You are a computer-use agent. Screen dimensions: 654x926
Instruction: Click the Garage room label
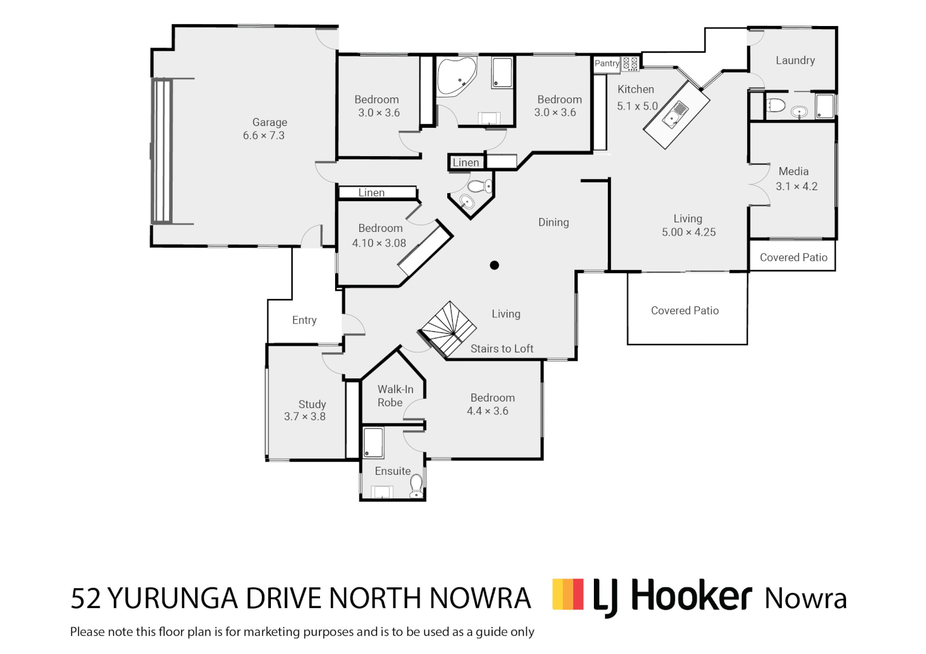tap(270, 122)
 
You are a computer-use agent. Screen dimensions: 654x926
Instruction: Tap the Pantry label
tap(606, 64)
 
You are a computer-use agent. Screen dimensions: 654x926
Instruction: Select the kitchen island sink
tap(675, 114)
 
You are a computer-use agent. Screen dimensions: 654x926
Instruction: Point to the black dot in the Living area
tap(495, 265)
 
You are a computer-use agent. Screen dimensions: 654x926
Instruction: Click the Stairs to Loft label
tap(502, 349)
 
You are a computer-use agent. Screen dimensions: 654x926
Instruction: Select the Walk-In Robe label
tap(395, 396)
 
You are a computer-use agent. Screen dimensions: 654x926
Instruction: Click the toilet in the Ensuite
tap(416, 485)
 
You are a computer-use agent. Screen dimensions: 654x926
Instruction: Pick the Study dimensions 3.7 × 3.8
tap(305, 417)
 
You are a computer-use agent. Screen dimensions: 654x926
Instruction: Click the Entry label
tap(304, 320)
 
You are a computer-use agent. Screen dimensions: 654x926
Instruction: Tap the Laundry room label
tap(795, 61)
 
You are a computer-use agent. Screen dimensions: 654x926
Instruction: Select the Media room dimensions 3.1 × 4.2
tap(796, 187)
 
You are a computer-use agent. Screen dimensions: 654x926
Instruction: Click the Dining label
tap(553, 222)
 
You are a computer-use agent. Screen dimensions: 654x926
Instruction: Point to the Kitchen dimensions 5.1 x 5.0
tap(637, 106)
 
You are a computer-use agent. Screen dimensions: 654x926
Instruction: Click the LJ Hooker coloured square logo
tap(568, 594)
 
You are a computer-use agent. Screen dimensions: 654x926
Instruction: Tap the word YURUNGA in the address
tap(173, 598)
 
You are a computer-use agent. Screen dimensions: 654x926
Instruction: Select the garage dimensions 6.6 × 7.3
tap(264, 136)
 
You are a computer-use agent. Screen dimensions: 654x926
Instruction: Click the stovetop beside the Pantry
tap(630, 63)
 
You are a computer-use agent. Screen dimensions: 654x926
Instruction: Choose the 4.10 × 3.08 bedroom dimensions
tap(379, 243)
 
